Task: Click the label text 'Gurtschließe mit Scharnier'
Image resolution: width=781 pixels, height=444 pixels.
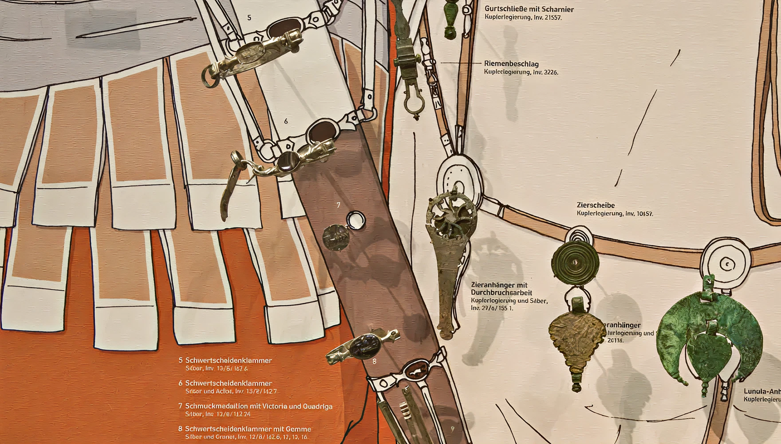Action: pyautogui.click(x=529, y=9)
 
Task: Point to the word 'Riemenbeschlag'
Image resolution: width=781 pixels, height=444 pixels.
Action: pyautogui.click(x=511, y=64)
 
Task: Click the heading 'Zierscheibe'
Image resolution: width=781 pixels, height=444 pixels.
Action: pyautogui.click(x=596, y=205)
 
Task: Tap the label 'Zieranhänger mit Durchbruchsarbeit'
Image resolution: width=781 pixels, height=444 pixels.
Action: pyautogui.click(x=501, y=289)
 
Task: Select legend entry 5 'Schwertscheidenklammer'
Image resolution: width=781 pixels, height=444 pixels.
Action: pyautogui.click(x=228, y=361)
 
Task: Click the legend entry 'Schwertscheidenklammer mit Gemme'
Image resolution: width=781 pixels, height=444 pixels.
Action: pyautogui.click(x=248, y=429)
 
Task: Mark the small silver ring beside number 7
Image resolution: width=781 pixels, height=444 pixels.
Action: pyautogui.click(x=356, y=220)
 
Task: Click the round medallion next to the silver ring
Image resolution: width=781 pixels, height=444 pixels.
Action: pyautogui.click(x=336, y=237)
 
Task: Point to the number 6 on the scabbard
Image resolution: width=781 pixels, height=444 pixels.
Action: pyautogui.click(x=286, y=121)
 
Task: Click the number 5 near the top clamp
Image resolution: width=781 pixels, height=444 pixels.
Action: pyautogui.click(x=249, y=18)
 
